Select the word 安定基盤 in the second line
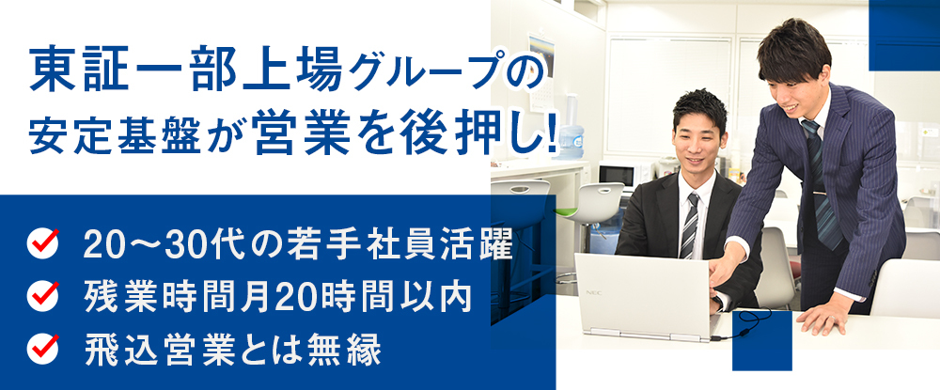coord(125,136)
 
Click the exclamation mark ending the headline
coord(551,134)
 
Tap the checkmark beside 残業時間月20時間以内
coord(44,295)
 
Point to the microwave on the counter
coord(618,175)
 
